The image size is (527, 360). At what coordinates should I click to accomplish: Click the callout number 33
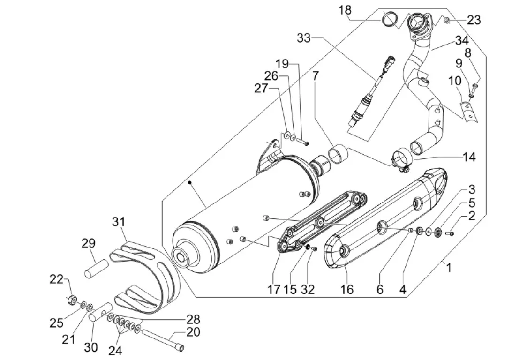[303, 38]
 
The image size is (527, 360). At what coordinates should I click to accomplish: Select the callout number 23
[474, 20]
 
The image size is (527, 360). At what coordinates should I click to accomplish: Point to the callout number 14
[468, 157]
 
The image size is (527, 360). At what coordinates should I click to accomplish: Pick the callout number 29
[89, 243]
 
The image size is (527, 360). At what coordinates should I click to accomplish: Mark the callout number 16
[347, 289]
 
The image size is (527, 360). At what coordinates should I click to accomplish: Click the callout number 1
[449, 268]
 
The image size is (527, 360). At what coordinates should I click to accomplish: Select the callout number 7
[315, 75]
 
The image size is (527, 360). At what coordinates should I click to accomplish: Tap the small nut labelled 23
[447, 20]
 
